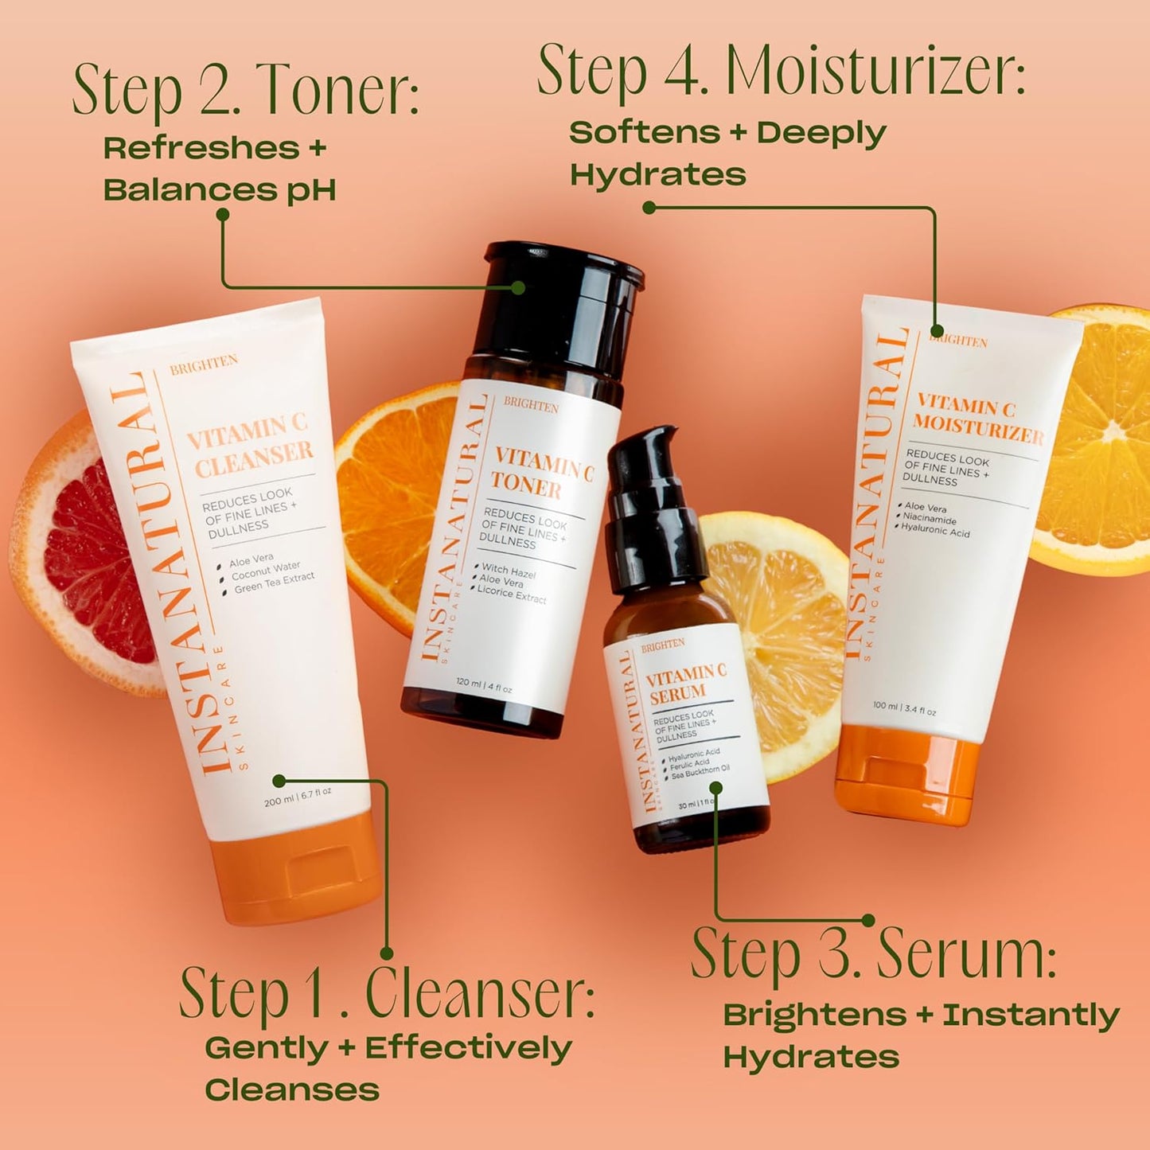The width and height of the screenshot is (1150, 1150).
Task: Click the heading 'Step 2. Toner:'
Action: tap(245, 92)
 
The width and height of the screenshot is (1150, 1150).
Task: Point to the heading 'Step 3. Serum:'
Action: tap(873, 953)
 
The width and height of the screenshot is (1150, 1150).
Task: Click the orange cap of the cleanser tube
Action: tap(302, 867)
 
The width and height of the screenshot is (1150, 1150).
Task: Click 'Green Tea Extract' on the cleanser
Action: tap(274, 582)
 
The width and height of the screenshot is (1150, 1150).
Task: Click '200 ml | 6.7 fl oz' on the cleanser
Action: tap(298, 797)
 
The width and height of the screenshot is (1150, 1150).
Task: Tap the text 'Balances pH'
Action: tap(219, 190)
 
